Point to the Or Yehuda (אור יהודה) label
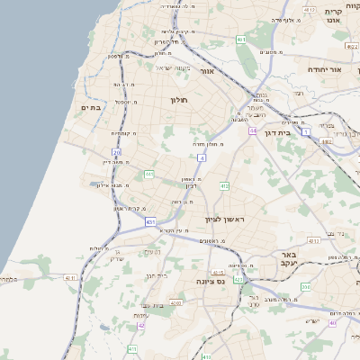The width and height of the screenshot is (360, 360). pos(324,69)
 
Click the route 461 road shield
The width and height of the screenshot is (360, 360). pos(241,40)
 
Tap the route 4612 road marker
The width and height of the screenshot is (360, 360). pos(310,10)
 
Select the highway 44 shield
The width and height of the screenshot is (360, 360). pos(254,130)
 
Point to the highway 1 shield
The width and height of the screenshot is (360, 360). pos(306,131)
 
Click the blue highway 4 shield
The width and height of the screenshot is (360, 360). pos(202,157)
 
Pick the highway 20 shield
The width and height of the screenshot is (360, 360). pos(118,154)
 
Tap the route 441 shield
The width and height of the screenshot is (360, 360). pos(148,174)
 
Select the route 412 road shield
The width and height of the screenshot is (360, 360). pos(224,185)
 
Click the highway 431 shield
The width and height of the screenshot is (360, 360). pos(149,221)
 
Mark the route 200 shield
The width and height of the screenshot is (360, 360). pos(306,286)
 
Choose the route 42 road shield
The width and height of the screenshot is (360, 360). pos(140,325)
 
